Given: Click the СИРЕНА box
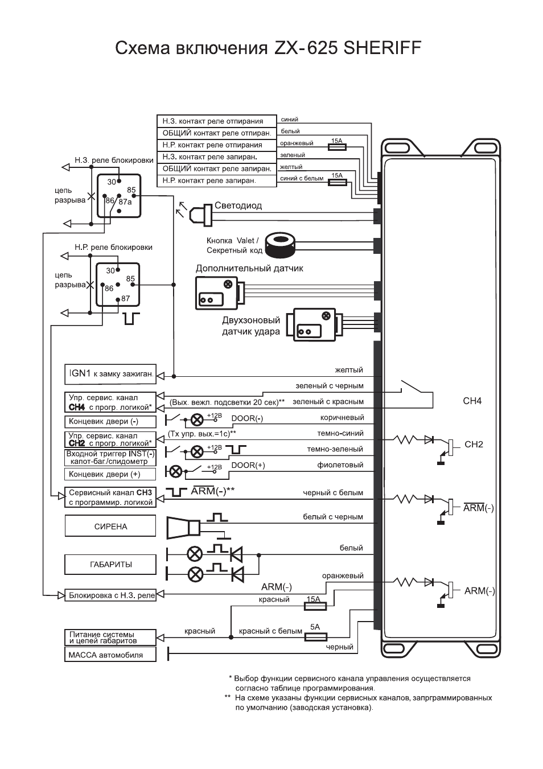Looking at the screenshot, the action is pyautogui.click(x=110, y=525).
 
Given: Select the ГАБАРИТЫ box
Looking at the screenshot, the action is pyautogui.click(x=110, y=565).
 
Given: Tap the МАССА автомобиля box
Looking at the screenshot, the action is pyautogui.click(x=110, y=655).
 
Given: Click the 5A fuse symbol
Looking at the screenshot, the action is pyautogui.click(x=316, y=637).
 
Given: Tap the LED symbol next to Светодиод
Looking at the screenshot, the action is pyautogui.click(x=200, y=215).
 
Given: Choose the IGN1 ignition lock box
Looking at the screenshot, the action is pyautogui.click(x=110, y=374).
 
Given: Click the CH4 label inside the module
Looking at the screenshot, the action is pyautogui.click(x=472, y=401).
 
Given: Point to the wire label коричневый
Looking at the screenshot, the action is pyautogui.click(x=342, y=417).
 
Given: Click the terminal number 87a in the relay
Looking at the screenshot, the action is pyautogui.click(x=125, y=202).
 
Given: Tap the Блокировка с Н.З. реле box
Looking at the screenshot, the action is pyautogui.click(x=110, y=595).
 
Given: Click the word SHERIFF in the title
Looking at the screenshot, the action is pyautogui.click(x=382, y=48).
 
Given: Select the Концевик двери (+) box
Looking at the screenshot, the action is pyautogui.click(x=110, y=474).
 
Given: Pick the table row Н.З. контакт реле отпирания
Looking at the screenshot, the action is pyautogui.click(x=217, y=121).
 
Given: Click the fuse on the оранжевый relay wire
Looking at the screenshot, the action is pyautogui.click(x=338, y=147).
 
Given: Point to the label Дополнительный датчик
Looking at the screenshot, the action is pyautogui.click(x=249, y=268).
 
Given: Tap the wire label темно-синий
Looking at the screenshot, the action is pyautogui.click(x=340, y=433).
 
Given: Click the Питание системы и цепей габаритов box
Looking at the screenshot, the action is pyautogui.click(x=110, y=638).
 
